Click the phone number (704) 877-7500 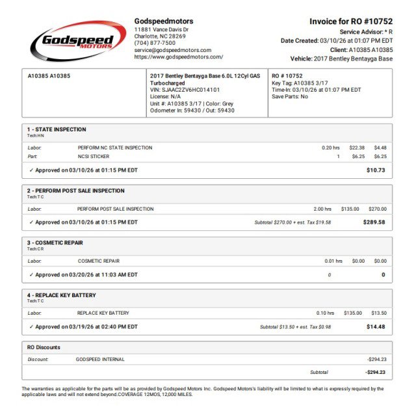click(155, 43)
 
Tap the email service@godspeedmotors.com click(172, 50)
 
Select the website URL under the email click(178, 57)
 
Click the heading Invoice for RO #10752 click(351, 21)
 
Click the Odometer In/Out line click(192, 111)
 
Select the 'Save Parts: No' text click(290, 97)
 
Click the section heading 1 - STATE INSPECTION click(57, 129)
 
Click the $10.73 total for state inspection click(376, 170)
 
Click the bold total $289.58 click(374, 222)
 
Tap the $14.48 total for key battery click(376, 326)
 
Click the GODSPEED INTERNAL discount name click(100, 359)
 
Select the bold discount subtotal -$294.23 click(375, 373)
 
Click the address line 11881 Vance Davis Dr click(161, 29)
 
